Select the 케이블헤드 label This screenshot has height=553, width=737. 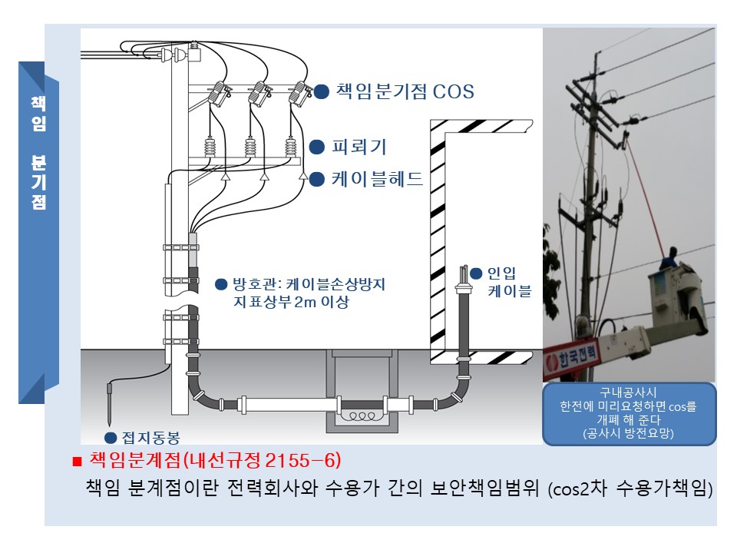click(377, 180)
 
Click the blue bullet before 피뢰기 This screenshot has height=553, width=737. click(316, 147)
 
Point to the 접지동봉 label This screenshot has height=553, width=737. click(151, 439)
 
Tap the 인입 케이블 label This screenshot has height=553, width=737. click(509, 282)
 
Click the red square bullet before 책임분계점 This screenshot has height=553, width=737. click(76, 462)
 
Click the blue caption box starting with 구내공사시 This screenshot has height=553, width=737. click(629, 413)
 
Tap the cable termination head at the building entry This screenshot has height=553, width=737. click(463, 285)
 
